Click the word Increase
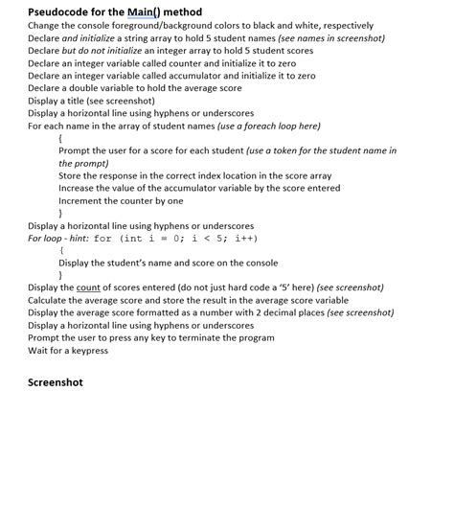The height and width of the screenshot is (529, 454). click(x=78, y=189)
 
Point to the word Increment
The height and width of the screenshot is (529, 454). click(x=81, y=201)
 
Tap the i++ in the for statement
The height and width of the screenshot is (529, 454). click(x=245, y=239)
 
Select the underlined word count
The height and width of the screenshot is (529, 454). click(x=89, y=287)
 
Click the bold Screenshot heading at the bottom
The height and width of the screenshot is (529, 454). click(x=56, y=382)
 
